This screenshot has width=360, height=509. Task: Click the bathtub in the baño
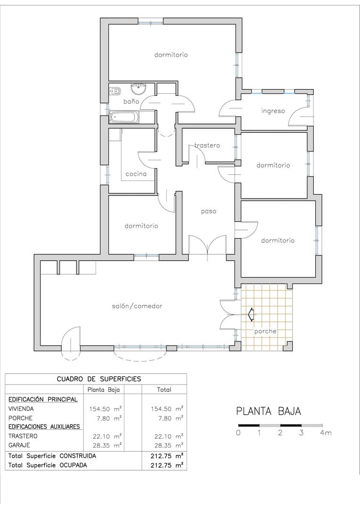click(x=125, y=117)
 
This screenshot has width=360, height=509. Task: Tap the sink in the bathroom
click(x=139, y=88)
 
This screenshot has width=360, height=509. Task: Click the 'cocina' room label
click(x=136, y=173)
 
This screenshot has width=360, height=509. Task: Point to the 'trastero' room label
click(x=207, y=145)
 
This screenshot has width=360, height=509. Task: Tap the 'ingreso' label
click(x=273, y=111)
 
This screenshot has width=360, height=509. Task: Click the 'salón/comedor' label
click(x=137, y=306)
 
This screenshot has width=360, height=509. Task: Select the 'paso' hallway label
click(x=208, y=211)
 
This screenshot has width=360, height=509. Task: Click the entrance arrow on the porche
click(x=251, y=314)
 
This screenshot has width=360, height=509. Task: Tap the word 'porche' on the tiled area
click(x=265, y=331)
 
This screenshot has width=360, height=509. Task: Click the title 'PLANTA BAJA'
click(x=268, y=411)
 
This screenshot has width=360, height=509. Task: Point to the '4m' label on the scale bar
click(x=325, y=433)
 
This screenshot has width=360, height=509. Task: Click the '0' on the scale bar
click(x=239, y=433)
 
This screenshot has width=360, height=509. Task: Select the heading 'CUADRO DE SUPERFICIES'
click(x=98, y=378)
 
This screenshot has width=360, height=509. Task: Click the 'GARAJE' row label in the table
click(x=19, y=444)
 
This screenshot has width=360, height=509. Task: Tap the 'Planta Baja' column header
click(x=104, y=390)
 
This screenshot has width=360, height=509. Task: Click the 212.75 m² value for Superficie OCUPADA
click(x=164, y=465)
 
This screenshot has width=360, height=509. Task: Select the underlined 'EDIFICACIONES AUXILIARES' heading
click(x=44, y=427)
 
